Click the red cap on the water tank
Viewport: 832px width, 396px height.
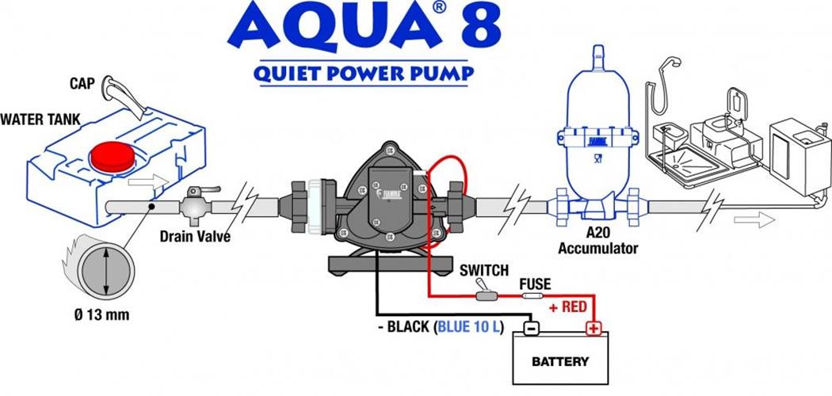(113, 157)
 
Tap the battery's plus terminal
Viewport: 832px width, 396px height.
(593, 329)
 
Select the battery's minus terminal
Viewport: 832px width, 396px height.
(531, 329)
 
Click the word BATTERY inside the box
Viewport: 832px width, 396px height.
(560, 362)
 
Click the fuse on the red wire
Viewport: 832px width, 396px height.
(535, 295)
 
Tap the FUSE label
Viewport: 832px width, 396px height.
(535, 284)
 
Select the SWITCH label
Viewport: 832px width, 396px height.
(484, 270)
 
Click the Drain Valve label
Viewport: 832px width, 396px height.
(195, 236)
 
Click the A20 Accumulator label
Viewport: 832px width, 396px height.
(597, 240)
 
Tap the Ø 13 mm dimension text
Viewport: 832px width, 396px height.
(102, 315)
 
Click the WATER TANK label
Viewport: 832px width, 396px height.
(40, 120)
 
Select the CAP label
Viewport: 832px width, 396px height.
(82, 84)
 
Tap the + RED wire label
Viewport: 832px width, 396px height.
(568, 307)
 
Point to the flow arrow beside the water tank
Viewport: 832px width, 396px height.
(149, 182)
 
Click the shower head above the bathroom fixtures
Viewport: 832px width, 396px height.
(672, 64)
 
